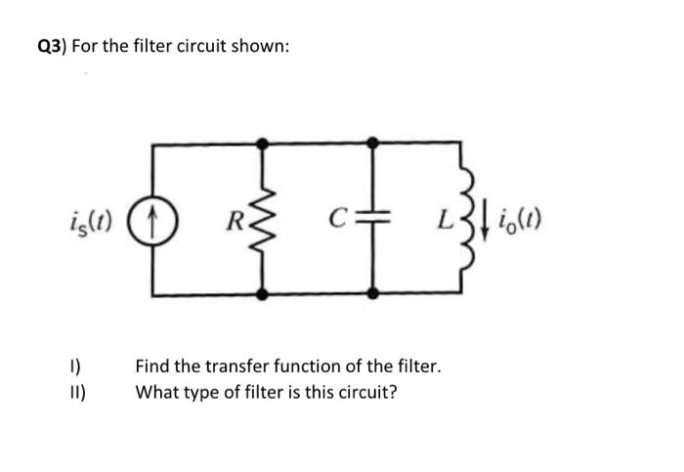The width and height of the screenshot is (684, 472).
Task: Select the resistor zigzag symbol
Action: coord(262,217)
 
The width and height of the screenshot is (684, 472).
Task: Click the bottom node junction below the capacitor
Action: coord(371,293)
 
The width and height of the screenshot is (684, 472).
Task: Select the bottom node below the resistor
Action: coord(262,293)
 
